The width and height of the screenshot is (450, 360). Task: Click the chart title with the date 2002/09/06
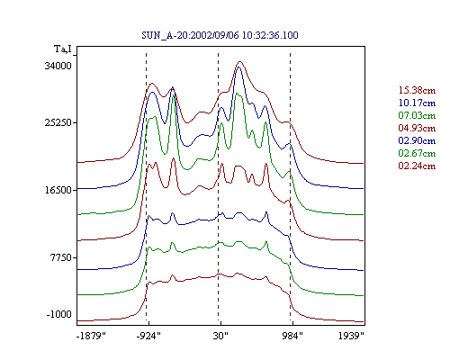(x=220, y=35)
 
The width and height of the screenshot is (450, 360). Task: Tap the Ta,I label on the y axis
(x=63, y=49)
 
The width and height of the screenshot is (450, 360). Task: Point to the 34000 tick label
(x=58, y=66)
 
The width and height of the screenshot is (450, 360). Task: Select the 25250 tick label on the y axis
(x=58, y=122)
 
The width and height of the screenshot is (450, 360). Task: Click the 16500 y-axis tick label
(x=58, y=190)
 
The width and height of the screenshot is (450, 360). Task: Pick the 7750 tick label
(x=61, y=257)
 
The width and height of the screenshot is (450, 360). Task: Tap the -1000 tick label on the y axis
(x=59, y=314)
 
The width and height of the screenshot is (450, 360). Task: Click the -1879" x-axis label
(x=91, y=336)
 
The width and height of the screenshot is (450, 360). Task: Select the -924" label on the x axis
(x=148, y=336)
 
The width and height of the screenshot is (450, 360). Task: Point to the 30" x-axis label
(x=220, y=336)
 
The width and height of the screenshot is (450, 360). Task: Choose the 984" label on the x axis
(x=292, y=336)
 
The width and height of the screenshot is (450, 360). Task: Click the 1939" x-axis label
(x=351, y=336)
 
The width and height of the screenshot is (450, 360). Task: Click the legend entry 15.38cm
(x=417, y=90)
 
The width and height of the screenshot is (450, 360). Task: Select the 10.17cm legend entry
(x=417, y=103)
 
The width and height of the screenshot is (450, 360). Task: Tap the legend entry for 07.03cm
(x=417, y=115)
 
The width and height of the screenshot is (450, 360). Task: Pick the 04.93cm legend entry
(x=417, y=128)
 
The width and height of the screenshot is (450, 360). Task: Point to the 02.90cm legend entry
(x=417, y=140)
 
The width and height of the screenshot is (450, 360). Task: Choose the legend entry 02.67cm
(x=417, y=153)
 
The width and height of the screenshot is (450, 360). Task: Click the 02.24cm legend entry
(x=417, y=166)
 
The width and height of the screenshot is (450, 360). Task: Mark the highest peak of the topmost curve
(x=239, y=61)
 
